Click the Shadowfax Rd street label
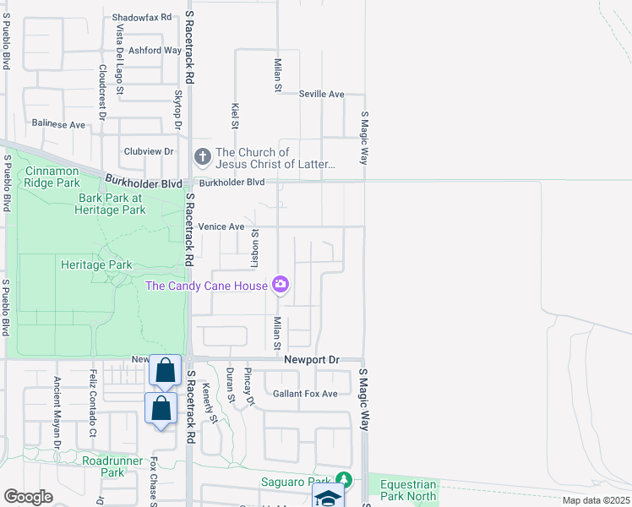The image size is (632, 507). click(x=142, y=17)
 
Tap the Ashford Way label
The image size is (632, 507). click(x=155, y=51)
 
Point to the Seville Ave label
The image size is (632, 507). click(x=322, y=94)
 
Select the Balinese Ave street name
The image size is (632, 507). click(x=58, y=124)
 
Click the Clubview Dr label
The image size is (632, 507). click(x=148, y=151)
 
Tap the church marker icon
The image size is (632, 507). click(x=203, y=157)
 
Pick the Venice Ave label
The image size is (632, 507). click(x=221, y=226)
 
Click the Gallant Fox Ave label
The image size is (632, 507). click(x=305, y=394)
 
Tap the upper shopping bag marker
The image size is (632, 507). click(x=165, y=370)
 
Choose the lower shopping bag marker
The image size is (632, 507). click(x=161, y=409)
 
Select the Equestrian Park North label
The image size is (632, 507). click(x=408, y=490)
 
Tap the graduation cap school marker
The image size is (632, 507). click(x=328, y=497)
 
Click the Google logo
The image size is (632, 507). click(x=29, y=497)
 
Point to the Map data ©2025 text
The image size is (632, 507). click(x=595, y=500)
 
